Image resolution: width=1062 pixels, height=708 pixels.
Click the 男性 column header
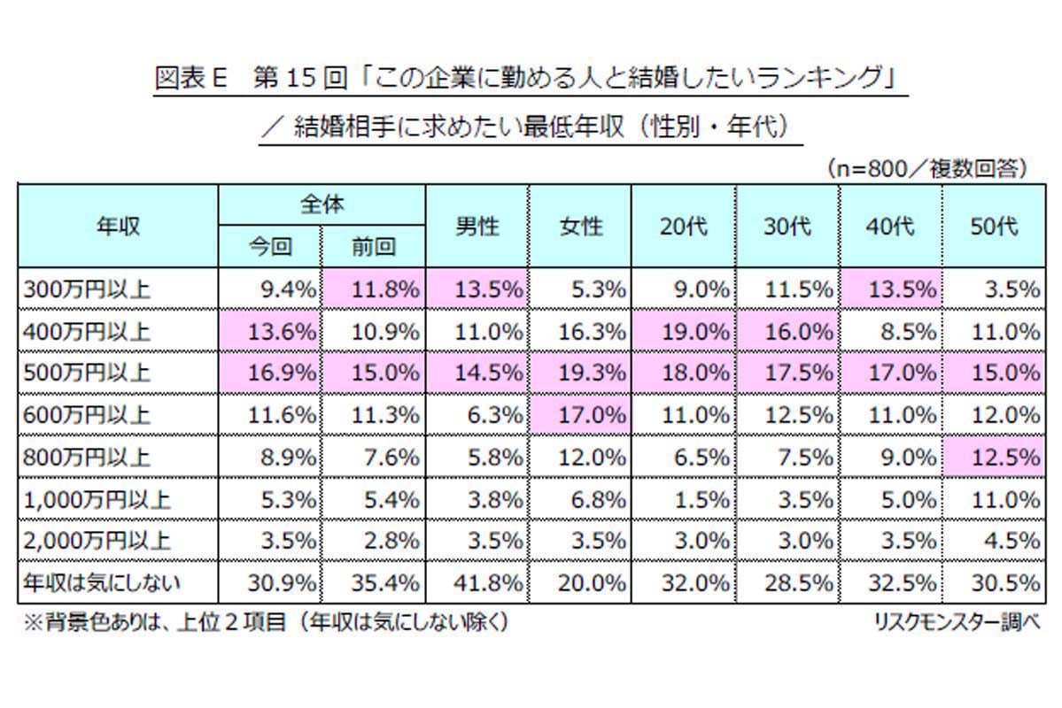(477, 227)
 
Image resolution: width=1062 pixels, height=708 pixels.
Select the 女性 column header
(581, 227)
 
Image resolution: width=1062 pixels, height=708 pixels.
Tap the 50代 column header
(993, 227)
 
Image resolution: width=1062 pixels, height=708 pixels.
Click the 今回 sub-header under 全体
(270, 247)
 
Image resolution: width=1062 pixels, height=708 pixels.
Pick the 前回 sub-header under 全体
(373, 247)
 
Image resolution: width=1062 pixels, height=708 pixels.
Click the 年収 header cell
(118, 227)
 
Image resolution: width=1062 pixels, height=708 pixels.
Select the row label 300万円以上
(88, 289)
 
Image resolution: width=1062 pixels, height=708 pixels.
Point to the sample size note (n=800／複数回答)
(926, 168)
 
